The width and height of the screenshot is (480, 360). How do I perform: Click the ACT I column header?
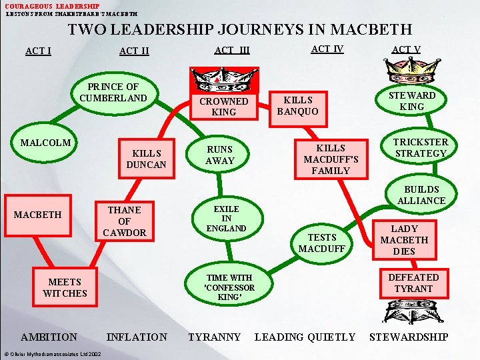[x=38, y=51]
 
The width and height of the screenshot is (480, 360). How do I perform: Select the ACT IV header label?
[x=327, y=49]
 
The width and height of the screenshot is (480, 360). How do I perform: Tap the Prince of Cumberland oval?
[x=113, y=93]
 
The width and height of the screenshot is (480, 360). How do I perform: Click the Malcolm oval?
[x=45, y=143]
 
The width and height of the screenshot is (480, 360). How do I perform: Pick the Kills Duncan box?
[x=146, y=159]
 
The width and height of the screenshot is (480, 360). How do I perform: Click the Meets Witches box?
[x=65, y=287]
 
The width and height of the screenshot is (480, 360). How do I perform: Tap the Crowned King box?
[x=223, y=107]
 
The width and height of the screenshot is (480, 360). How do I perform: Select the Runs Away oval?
[x=220, y=155]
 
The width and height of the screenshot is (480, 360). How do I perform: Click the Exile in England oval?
[x=226, y=219]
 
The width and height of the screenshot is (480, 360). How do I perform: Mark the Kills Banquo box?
[x=297, y=107]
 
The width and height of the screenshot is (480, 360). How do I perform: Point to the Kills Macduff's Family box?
[x=331, y=159]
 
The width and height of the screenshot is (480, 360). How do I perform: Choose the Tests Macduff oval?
[x=322, y=243]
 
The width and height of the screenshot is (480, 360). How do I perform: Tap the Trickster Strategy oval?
[x=421, y=148]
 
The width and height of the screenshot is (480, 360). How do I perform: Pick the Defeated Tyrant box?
[x=413, y=283]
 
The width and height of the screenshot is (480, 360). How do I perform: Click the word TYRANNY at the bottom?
[x=214, y=337]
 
